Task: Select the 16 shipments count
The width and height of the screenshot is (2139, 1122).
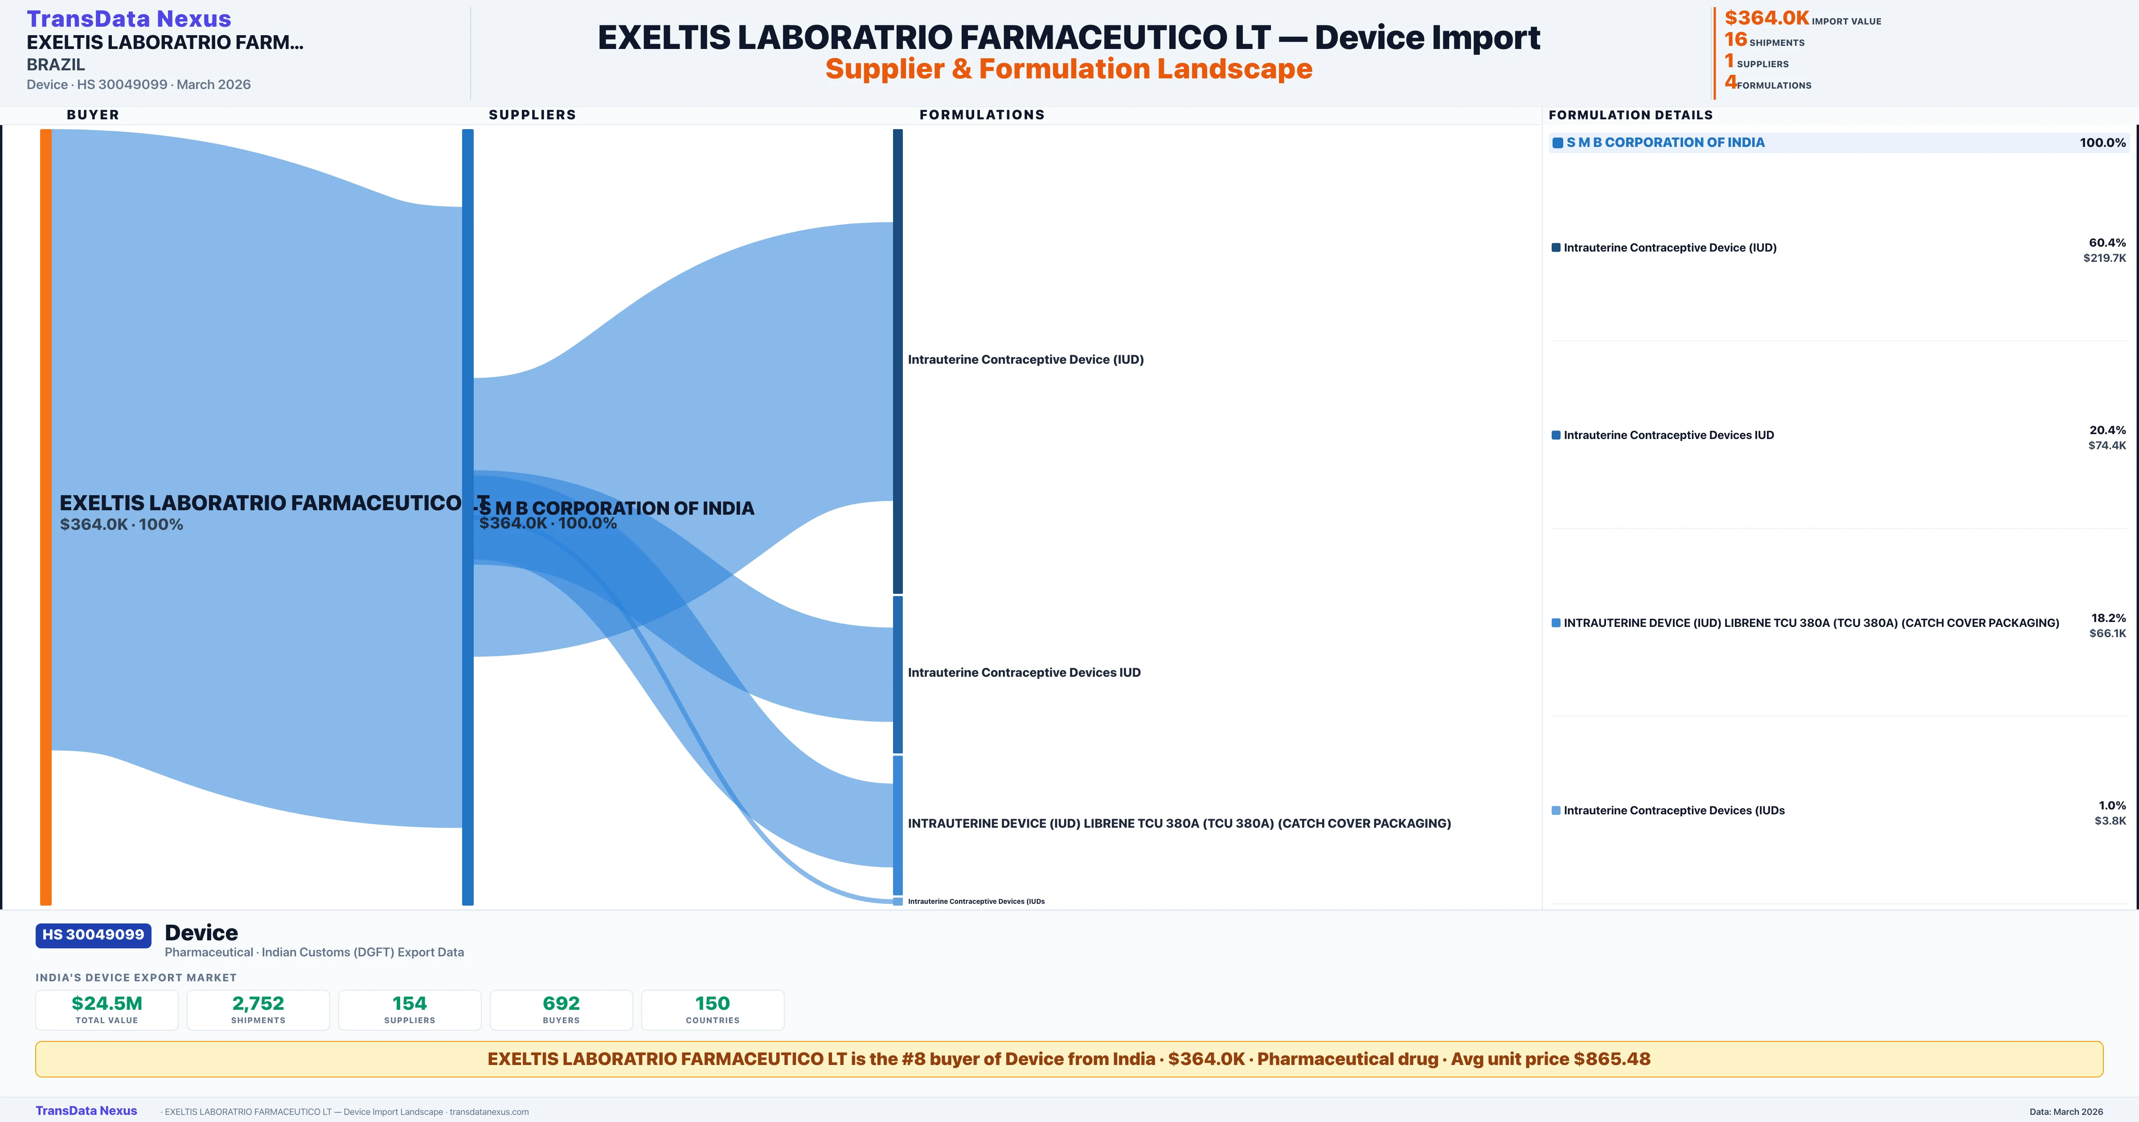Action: [1735, 40]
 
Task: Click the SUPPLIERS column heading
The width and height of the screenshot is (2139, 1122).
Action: [532, 114]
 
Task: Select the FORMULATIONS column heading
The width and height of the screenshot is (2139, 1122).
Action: [981, 114]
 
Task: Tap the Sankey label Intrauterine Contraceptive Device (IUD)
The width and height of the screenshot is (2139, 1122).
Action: [1024, 359]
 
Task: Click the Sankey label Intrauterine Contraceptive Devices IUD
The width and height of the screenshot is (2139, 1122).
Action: [1023, 672]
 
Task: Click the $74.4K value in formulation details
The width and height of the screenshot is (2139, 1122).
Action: [2106, 446]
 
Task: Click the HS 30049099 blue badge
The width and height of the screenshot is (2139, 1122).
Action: [93, 935]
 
